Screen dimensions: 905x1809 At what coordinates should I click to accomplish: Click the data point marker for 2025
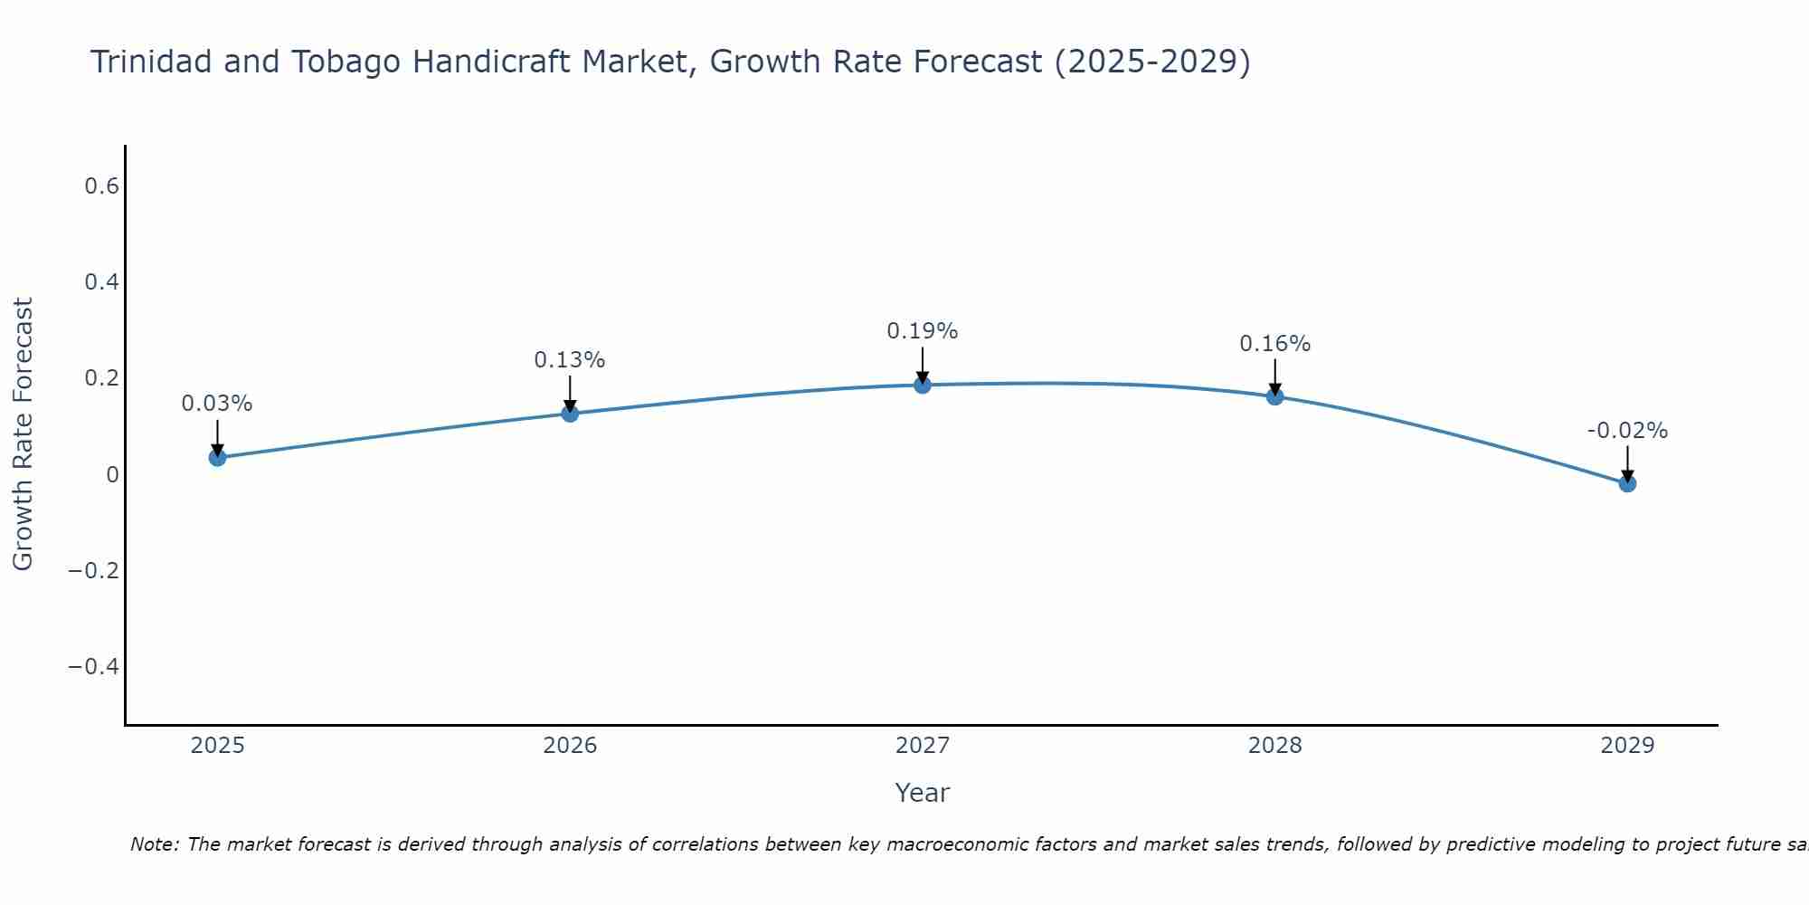pyautogui.click(x=217, y=458)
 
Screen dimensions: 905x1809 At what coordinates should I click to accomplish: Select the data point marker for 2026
pyautogui.click(x=570, y=414)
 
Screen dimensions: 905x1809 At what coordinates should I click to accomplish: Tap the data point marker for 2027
pyautogui.click(x=923, y=386)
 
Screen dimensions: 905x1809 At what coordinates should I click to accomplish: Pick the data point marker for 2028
pyautogui.click(x=1275, y=396)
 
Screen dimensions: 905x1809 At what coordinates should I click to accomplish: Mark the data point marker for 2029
pyautogui.click(x=1627, y=484)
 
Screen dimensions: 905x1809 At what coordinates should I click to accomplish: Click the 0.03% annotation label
pyautogui.click(x=217, y=404)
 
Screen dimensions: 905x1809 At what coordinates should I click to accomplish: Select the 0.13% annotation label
pyautogui.click(x=570, y=360)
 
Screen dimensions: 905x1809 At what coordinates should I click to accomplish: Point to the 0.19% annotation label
pyautogui.click(x=923, y=331)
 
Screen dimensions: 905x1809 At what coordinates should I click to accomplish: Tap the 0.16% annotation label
pyautogui.click(x=1275, y=344)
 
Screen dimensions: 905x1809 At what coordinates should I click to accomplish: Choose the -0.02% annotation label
pyautogui.click(x=1627, y=431)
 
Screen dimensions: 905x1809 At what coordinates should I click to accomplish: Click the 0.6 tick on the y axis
pyautogui.click(x=101, y=186)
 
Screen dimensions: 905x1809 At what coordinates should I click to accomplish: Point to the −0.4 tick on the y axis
pyautogui.click(x=93, y=667)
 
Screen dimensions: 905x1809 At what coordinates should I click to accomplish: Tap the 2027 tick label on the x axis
pyautogui.click(x=923, y=746)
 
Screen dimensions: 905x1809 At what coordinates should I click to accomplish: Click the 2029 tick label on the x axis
pyautogui.click(x=1627, y=746)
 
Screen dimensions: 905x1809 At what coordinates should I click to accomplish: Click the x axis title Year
pyautogui.click(x=923, y=793)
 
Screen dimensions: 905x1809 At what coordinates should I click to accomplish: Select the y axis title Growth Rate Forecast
pyautogui.click(x=23, y=434)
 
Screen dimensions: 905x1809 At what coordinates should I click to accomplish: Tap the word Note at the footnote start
pyautogui.click(x=154, y=844)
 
